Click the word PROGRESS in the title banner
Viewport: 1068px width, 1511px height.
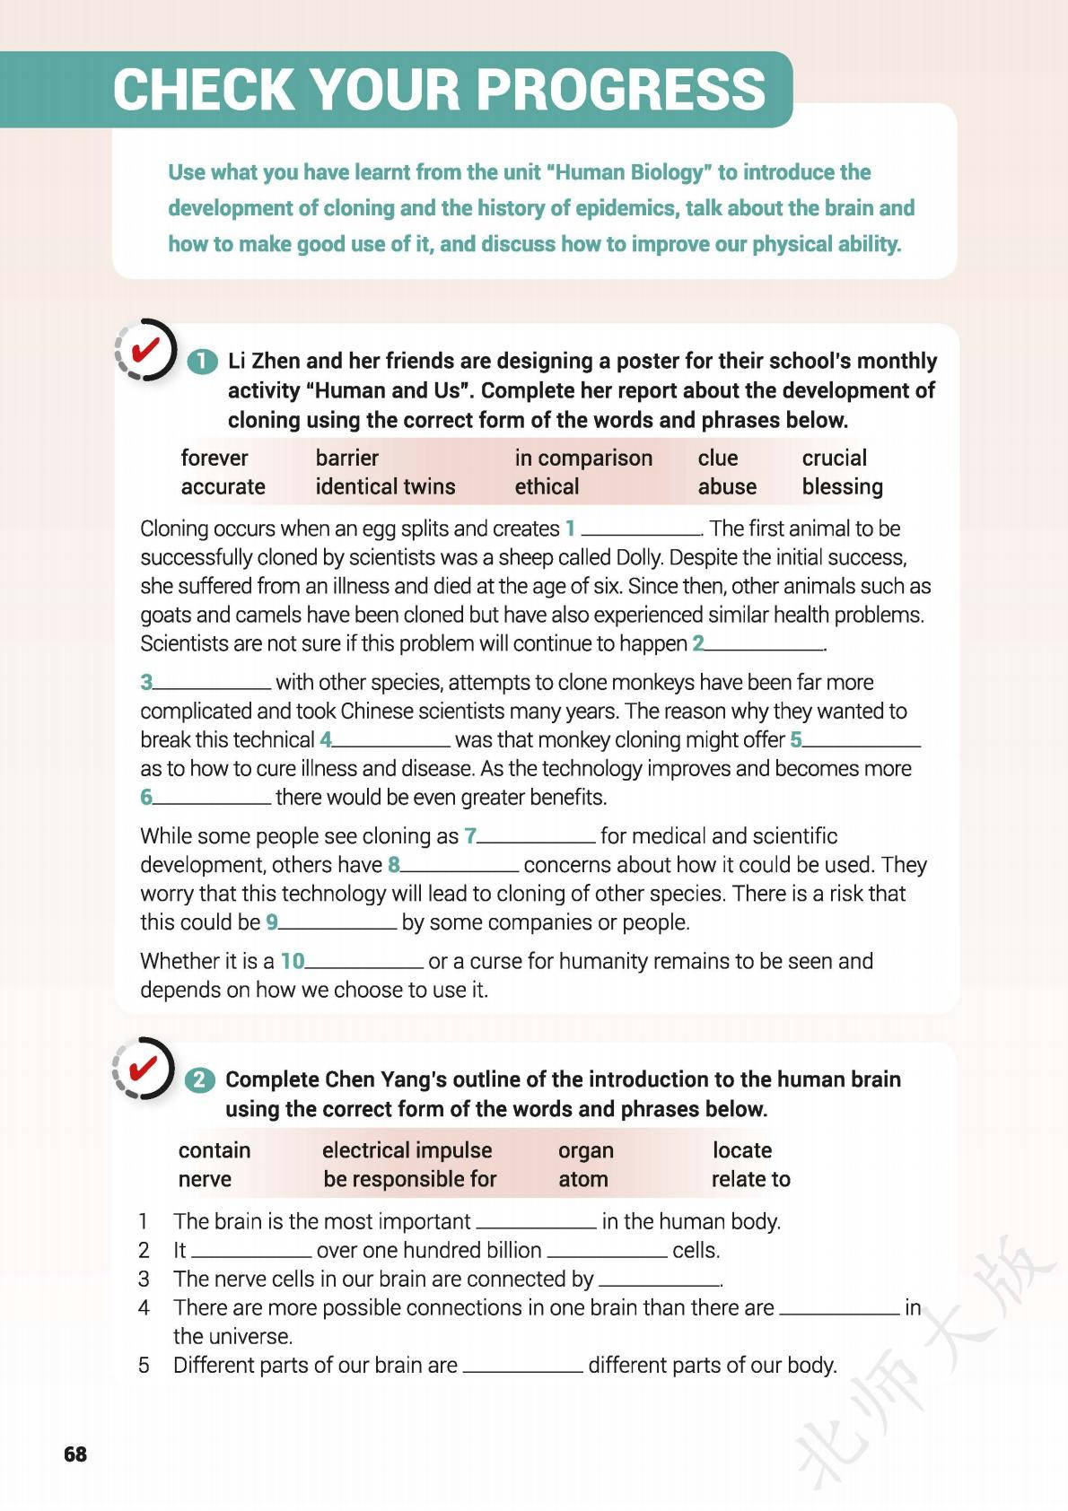pyautogui.click(x=620, y=90)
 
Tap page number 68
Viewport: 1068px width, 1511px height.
pyautogui.click(x=75, y=1454)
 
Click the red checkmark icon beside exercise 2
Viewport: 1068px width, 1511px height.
pyautogui.click(x=144, y=1068)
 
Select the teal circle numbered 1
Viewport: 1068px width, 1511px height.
pyautogui.click(x=202, y=362)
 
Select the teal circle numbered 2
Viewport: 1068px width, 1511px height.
pyautogui.click(x=200, y=1079)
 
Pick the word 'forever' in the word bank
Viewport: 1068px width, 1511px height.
pyautogui.click(x=214, y=458)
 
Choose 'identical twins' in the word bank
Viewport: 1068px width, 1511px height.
pyautogui.click(x=385, y=486)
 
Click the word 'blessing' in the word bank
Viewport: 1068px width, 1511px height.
pyautogui.click(x=842, y=486)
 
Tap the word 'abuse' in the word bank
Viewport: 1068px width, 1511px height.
pyautogui.click(x=727, y=486)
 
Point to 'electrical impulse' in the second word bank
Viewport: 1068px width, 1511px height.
pyautogui.click(x=407, y=1150)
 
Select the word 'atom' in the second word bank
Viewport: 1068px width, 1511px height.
pyautogui.click(x=582, y=1179)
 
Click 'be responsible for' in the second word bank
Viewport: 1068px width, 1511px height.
pyautogui.click(x=409, y=1179)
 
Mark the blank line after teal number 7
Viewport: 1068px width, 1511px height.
pyautogui.click(x=536, y=840)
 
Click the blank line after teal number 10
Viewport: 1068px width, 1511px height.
pyautogui.click(x=363, y=965)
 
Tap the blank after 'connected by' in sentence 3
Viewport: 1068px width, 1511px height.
pyautogui.click(x=660, y=1283)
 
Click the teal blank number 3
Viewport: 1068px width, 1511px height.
pyautogui.click(x=146, y=683)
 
